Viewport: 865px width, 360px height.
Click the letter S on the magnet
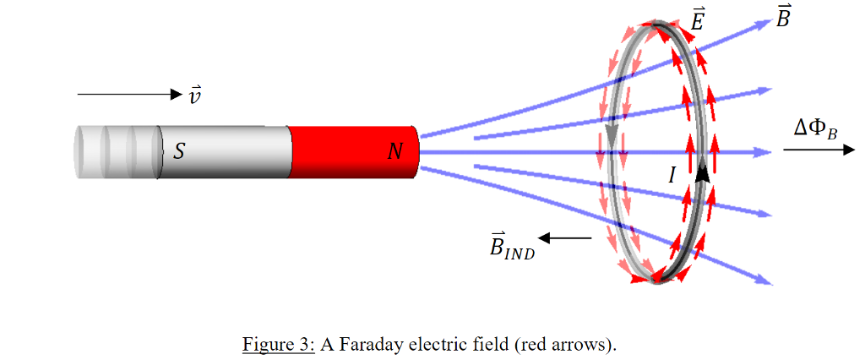tap(179, 151)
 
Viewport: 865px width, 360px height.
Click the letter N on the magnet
tap(394, 152)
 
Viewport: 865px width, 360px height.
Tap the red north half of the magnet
tap(351, 152)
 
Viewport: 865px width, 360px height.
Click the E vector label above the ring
tap(698, 19)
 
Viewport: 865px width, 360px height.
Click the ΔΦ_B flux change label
tap(815, 128)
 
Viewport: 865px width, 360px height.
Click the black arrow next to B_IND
tap(569, 238)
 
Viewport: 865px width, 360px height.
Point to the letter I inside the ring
tap(672, 175)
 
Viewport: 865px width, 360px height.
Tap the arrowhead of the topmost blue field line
tap(764, 23)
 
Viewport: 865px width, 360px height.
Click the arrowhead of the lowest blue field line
tap(765, 281)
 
